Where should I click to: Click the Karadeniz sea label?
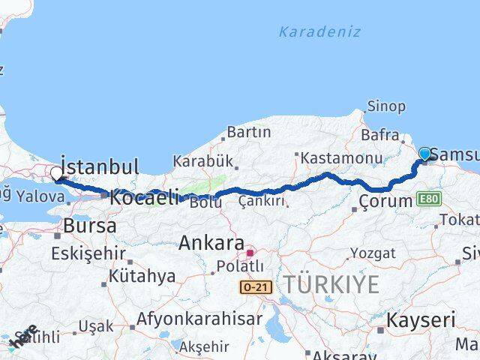pyautogui.click(x=319, y=31)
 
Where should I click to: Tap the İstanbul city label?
pyautogui.click(x=100, y=166)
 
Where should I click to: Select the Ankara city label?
pyautogui.click(x=211, y=244)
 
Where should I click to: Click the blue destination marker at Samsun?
pyautogui.click(x=425, y=154)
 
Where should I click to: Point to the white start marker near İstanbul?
pyautogui.click(x=57, y=174)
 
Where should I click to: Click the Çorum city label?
pyautogui.click(x=385, y=201)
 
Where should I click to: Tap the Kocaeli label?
pyautogui.click(x=144, y=199)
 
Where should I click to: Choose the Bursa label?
pyautogui.click(x=89, y=226)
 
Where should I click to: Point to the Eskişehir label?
pyautogui.click(x=87, y=253)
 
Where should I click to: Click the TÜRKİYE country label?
pyautogui.click(x=331, y=284)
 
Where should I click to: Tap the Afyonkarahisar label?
pyautogui.click(x=200, y=319)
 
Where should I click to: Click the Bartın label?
pyautogui.click(x=248, y=133)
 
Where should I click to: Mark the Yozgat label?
pyautogui.click(x=372, y=253)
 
